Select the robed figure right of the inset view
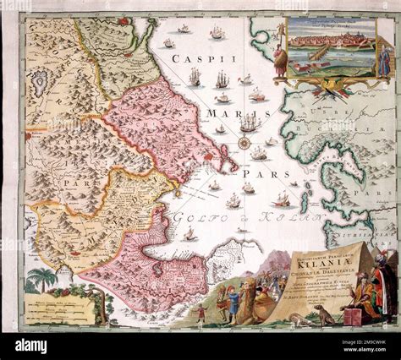[x=387, y=59]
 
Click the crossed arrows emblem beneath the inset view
[x=334, y=85]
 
